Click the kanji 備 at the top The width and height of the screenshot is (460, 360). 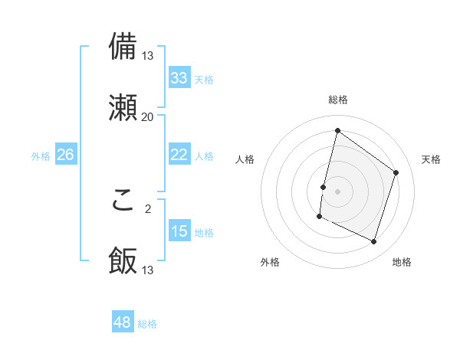(123, 47)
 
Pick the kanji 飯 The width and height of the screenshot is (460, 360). (123, 261)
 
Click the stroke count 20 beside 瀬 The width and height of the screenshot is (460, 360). (147, 116)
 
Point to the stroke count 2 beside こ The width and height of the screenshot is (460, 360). (147, 208)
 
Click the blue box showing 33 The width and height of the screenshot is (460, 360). (179, 77)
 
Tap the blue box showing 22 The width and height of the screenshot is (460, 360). (179, 154)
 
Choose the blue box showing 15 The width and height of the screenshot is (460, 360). (179, 231)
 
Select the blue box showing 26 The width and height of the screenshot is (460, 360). (65, 155)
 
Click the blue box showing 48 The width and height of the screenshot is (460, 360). (122, 322)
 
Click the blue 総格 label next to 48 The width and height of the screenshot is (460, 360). (147, 324)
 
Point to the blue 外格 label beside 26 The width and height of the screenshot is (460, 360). (41, 156)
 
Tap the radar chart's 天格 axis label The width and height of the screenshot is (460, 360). (431, 159)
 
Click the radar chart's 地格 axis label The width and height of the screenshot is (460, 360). (402, 263)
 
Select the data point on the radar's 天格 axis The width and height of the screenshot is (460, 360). (396, 172)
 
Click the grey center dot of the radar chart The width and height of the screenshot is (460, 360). (337, 191)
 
